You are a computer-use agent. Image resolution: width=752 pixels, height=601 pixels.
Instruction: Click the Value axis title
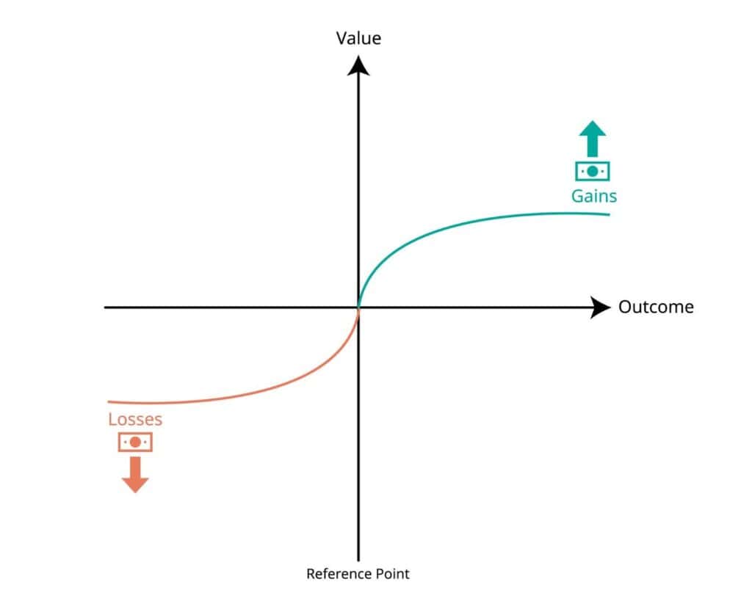point(358,38)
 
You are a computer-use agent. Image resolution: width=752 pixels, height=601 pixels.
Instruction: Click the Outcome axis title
point(655,307)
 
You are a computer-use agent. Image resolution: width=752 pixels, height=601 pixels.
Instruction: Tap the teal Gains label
point(594,196)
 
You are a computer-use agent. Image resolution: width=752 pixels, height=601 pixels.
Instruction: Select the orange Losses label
point(135,420)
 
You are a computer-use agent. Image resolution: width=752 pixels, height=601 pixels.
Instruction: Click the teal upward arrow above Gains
point(593,139)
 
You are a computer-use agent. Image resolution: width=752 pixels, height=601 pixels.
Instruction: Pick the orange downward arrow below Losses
point(135,474)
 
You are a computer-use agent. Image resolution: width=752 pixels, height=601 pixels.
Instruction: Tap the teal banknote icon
point(593,171)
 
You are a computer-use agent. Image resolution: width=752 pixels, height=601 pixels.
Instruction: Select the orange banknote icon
point(135,442)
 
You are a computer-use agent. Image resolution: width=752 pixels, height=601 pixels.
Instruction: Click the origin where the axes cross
point(358,307)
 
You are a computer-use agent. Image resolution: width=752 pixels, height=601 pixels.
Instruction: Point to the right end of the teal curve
point(609,214)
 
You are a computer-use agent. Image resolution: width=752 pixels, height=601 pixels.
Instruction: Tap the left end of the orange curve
point(109,401)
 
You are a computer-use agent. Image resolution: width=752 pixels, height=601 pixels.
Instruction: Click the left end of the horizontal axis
point(106,307)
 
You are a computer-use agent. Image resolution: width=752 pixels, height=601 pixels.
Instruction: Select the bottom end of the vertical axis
point(358,560)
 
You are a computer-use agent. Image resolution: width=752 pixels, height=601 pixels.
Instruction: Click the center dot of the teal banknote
point(593,171)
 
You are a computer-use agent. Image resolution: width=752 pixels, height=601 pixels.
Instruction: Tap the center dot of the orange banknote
point(135,442)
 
